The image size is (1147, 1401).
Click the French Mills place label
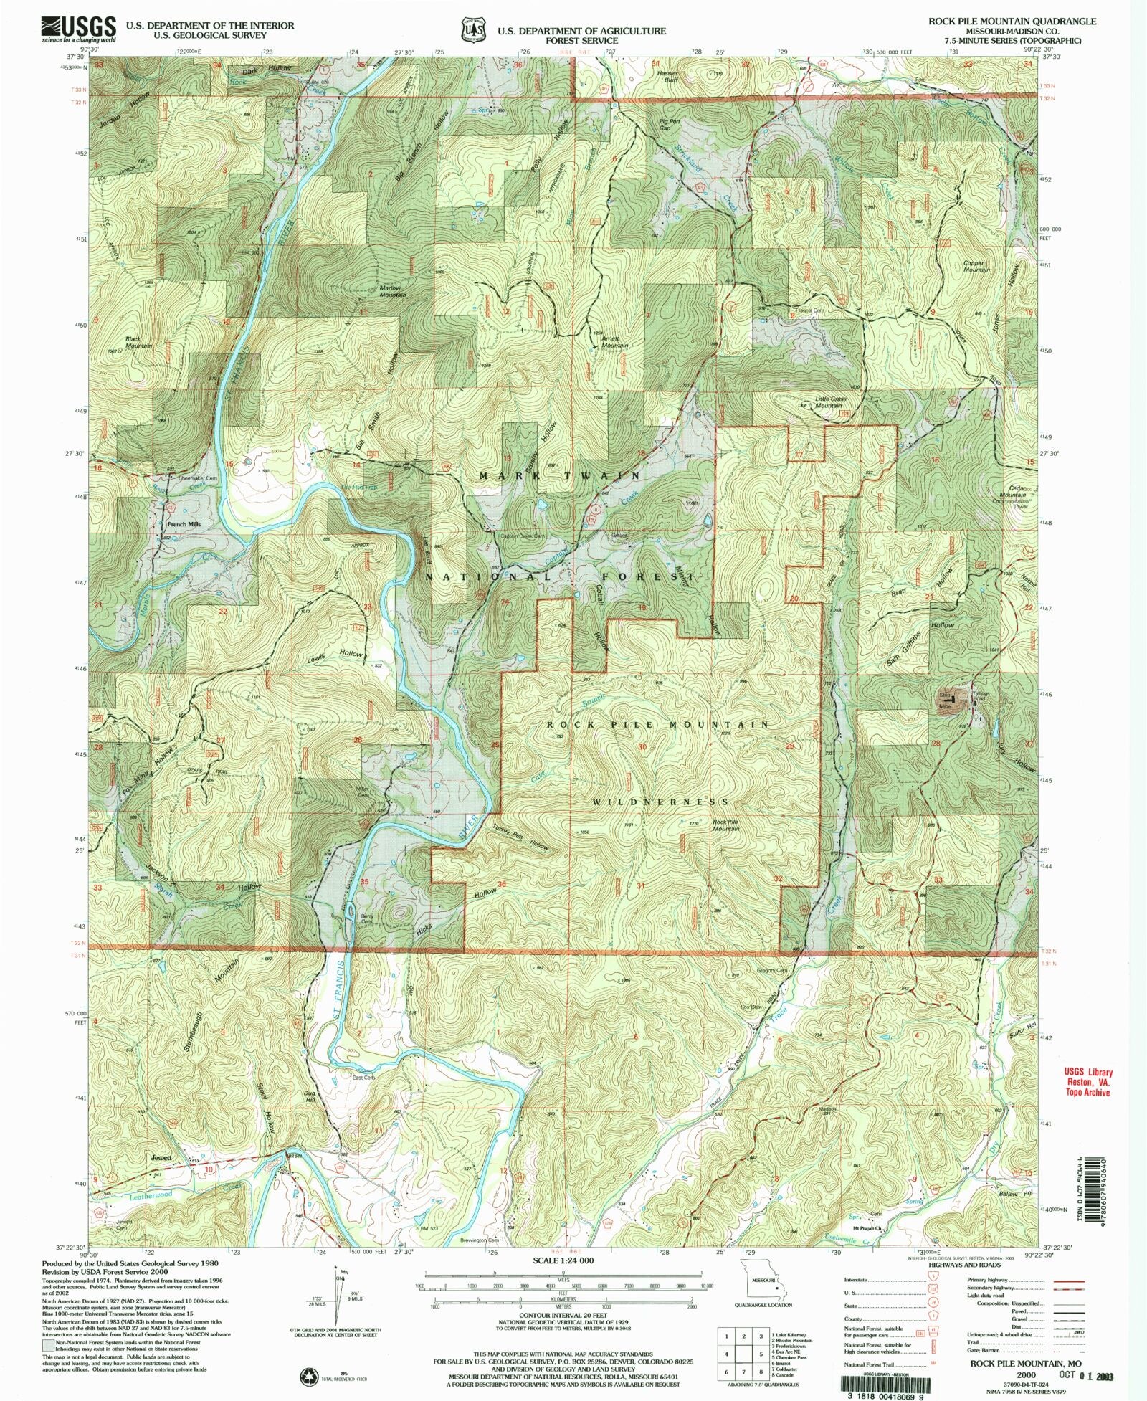coord(184,524)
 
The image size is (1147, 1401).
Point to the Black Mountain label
coord(139,342)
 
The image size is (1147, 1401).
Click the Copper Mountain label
coord(976,266)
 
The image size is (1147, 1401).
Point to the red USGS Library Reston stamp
coord(1087,1083)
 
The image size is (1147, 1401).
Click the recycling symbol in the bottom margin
coord(310,1376)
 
